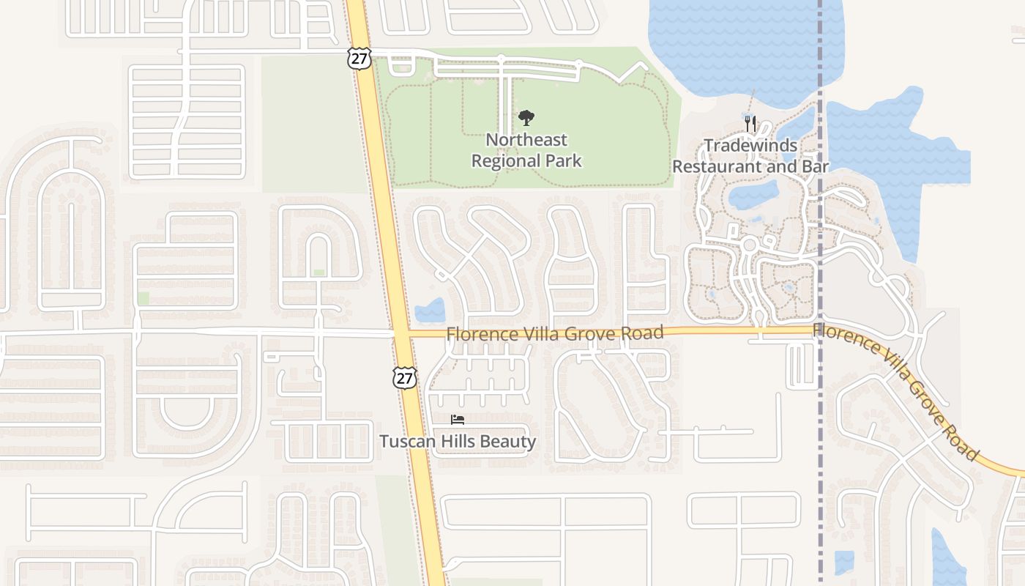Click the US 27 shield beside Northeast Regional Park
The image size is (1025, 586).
click(359, 59)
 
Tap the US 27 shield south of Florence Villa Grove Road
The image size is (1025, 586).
click(405, 377)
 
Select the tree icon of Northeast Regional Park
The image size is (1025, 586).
click(526, 117)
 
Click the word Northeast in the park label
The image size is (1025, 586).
click(526, 139)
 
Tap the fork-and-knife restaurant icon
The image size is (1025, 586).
click(749, 123)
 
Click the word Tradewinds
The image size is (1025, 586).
click(750, 145)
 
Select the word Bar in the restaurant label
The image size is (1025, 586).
click(815, 166)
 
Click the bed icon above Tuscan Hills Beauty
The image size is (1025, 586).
click(458, 420)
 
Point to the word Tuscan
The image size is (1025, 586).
click(405, 442)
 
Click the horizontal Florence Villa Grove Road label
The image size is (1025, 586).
click(555, 333)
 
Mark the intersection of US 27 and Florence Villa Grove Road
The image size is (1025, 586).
click(400, 334)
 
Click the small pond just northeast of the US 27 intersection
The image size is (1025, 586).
click(430, 311)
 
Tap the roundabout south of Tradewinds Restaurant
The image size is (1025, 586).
click(749, 244)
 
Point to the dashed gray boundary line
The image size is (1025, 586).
click(820, 439)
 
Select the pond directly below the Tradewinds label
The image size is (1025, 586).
click(754, 193)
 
